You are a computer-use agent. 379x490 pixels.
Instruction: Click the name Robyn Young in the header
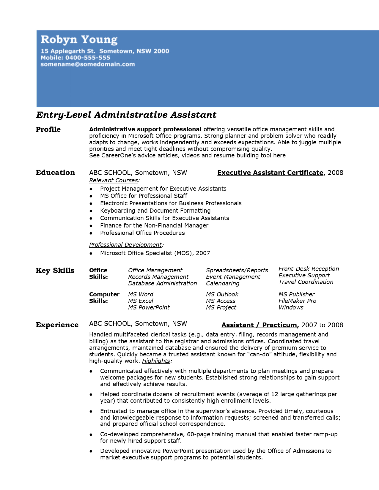tap(79, 39)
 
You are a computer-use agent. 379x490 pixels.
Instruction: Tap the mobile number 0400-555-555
tap(88, 58)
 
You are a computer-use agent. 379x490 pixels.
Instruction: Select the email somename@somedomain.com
tap(88, 64)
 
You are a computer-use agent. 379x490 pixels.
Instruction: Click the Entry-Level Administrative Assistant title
tap(126, 115)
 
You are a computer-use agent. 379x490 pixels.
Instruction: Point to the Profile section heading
tap(48, 129)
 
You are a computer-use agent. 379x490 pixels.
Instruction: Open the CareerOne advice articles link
tap(187, 155)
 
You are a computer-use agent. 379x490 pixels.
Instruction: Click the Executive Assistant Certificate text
tap(270, 173)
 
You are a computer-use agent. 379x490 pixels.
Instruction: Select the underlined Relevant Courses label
tap(114, 180)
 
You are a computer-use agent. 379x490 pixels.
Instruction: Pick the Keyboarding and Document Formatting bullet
tap(155, 211)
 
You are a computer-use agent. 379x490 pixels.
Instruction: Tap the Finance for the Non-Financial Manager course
tap(154, 225)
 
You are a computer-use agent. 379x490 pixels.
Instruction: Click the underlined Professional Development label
tap(125, 245)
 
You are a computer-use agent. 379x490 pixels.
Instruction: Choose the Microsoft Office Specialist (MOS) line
tap(155, 253)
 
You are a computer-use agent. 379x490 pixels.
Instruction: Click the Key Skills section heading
tap(55, 271)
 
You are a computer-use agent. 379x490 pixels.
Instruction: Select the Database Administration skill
tap(162, 283)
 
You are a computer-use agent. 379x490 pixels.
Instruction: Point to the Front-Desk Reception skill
tap(309, 269)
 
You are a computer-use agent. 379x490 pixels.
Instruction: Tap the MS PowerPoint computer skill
tap(149, 307)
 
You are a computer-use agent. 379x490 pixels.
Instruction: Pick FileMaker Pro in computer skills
tap(297, 301)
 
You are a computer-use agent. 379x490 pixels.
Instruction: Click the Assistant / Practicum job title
tap(259, 325)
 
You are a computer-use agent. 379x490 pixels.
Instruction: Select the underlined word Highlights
tap(156, 361)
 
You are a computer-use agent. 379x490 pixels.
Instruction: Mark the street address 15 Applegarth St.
tap(68, 51)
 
